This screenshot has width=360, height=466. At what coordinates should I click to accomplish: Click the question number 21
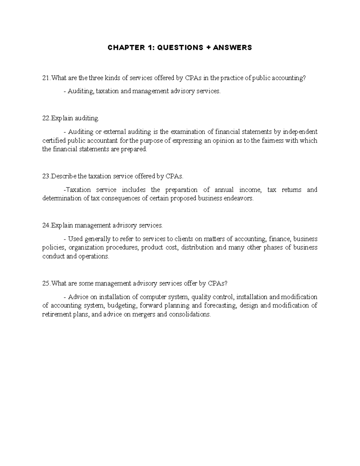[x=46, y=78]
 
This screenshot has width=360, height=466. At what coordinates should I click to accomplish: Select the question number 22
[x=46, y=119]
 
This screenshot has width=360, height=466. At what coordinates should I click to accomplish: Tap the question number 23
[x=46, y=176]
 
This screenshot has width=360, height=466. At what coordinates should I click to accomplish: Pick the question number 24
[x=46, y=225]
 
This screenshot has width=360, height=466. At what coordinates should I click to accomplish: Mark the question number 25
[x=46, y=284]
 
